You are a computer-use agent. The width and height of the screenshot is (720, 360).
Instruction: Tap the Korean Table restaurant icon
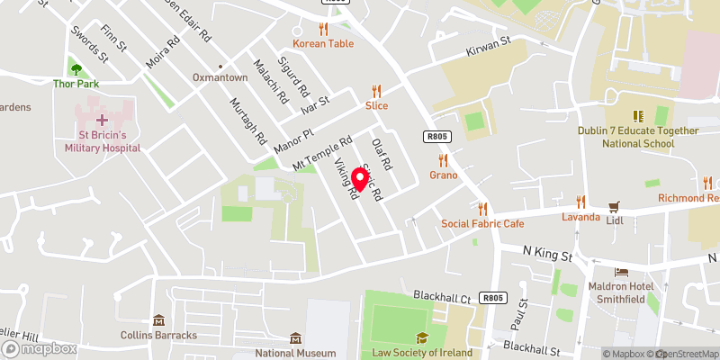pyautogui.click(x=322, y=29)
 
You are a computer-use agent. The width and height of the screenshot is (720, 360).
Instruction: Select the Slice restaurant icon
pyautogui.click(x=376, y=91)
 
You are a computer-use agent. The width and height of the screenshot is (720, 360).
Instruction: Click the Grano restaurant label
pyautogui.click(x=443, y=175)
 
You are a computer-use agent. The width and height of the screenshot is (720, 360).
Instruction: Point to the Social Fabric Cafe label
pyautogui.click(x=481, y=223)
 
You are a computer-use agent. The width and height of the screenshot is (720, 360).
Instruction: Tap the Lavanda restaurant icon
pyautogui.click(x=580, y=202)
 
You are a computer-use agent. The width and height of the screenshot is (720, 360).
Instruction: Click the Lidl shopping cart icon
pyautogui.click(x=616, y=206)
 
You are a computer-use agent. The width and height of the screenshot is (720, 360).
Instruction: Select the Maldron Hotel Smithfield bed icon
pyautogui.click(x=621, y=272)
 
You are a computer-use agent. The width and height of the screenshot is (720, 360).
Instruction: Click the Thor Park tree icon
pyautogui.click(x=75, y=68)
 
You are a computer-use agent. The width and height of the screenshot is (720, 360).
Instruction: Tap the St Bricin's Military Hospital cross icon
pyautogui.click(x=102, y=119)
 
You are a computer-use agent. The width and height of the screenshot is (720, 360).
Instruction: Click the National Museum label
pyautogui.click(x=296, y=352)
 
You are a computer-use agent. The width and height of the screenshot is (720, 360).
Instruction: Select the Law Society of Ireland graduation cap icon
pyautogui.click(x=419, y=338)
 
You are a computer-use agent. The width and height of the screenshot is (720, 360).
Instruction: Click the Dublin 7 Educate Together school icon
pyautogui.click(x=638, y=116)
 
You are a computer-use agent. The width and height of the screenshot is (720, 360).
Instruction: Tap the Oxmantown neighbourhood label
pyautogui.click(x=220, y=78)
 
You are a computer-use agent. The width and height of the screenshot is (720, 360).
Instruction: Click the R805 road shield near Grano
pyautogui.click(x=436, y=136)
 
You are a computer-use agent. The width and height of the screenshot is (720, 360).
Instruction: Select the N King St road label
pyautogui.click(x=548, y=256)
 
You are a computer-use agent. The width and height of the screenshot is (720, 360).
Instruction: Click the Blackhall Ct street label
pyautogui.click(x=442, y=296)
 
